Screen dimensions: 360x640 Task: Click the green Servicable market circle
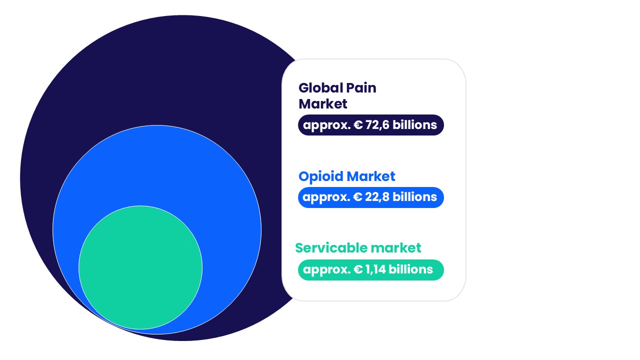tap(140, 267)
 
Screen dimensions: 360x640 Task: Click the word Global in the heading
tap(317, 88)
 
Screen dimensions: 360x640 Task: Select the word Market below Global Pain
tap(322, 104)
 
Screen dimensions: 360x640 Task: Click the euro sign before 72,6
tap(358, 125)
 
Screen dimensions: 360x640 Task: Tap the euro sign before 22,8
tap(358, 197)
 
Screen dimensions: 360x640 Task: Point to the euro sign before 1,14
tap(358, 269)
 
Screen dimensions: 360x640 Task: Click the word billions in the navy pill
tap(414, 125)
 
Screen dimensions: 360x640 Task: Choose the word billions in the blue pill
tap(414, 197)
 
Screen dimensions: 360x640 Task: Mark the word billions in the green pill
tap(411, 269)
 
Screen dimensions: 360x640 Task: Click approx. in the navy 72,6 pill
tap(326, 125)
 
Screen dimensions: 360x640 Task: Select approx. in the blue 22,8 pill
tap(326, 197)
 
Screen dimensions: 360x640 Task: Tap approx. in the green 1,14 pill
tap(326, 269)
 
